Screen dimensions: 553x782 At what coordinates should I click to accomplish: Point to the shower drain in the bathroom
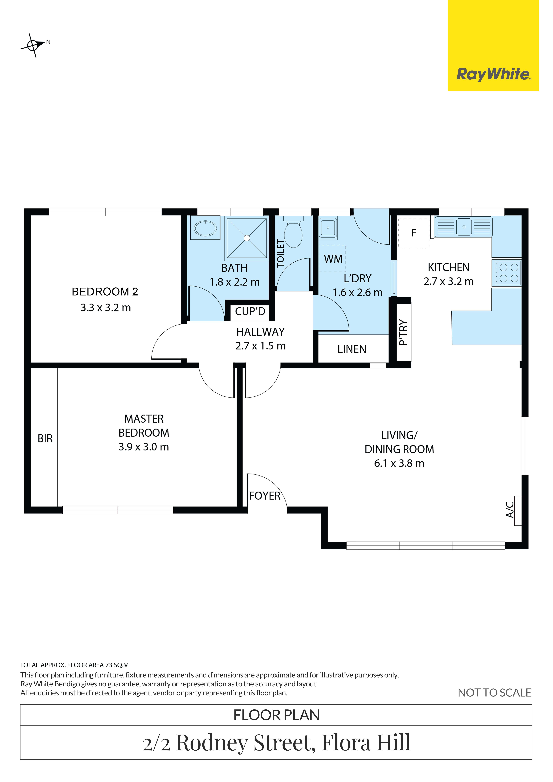click(x=247, y=238)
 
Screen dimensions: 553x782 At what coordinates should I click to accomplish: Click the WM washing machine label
click(x=333, y=259)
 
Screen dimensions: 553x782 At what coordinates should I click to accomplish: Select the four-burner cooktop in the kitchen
click(x=506, y=272)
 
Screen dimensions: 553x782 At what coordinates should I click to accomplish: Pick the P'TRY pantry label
click(x=404, y=332)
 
